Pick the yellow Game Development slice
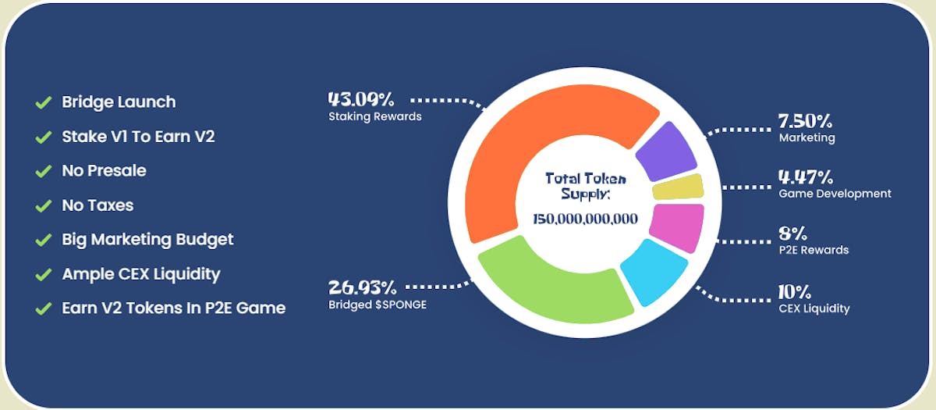click(678, 187)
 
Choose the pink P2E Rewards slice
click(676, 226)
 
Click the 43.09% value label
click(361, 100)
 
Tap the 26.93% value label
click(360, 287)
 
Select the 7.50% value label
click(805, 122)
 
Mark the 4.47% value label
click(806, 177)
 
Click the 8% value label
click(792, 234)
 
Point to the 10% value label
click(794, 292)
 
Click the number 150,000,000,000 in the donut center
click(585, 219)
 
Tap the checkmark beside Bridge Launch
click(43, 102)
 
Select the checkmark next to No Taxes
click(43, 206)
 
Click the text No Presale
click(104, 170)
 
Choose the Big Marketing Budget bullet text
click(147, 239)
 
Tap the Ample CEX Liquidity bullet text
click(140, 273)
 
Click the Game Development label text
click(835, 194)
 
